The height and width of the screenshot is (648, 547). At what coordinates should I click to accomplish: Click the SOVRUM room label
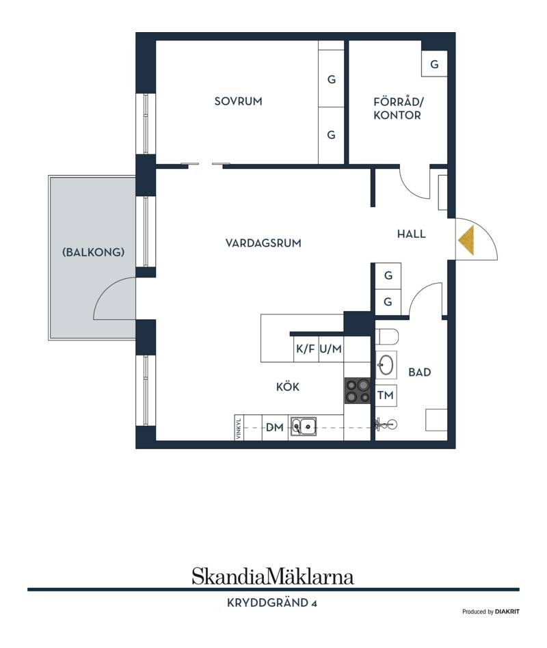[238, 101]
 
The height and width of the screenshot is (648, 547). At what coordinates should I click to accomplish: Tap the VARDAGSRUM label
[263, 243]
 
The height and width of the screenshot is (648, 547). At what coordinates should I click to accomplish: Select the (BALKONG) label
[93, 252]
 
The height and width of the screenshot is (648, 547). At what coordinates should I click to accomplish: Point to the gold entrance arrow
[467, 240]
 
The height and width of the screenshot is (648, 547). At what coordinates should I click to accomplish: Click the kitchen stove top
[357, 390]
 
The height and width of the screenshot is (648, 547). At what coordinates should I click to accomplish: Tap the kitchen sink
[304, 426]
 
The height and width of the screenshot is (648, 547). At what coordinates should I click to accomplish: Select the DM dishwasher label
[275, 427]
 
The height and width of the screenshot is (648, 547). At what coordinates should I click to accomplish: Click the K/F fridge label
[306, 349]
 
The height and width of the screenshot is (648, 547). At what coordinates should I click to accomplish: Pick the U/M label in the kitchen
[331, 349]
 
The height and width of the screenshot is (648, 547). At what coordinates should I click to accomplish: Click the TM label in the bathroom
[386, 396]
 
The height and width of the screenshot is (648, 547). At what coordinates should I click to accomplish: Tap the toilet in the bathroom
[386, 336]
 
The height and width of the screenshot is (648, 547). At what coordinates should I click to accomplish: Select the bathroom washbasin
[386, 365]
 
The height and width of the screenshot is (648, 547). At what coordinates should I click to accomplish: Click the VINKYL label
[239, 427]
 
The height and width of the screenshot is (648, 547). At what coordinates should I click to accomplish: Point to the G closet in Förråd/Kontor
[434, 64]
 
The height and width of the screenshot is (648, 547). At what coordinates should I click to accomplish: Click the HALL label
[412, 234]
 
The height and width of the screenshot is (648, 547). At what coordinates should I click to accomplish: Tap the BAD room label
[420, 373]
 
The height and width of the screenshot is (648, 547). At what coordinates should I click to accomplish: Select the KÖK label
[288, 387]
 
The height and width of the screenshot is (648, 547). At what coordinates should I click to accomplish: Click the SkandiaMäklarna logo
[273, 576]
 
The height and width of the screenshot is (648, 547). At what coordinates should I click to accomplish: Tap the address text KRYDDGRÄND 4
[272, 603]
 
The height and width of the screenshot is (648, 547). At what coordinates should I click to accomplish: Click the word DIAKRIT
[507, 612]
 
